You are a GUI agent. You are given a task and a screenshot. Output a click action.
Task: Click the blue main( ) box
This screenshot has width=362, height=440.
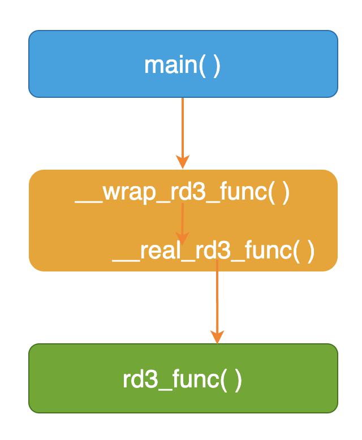click(x=183, y=64)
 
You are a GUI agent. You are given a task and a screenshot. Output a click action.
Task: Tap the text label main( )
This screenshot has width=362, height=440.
click(x=182, y=66)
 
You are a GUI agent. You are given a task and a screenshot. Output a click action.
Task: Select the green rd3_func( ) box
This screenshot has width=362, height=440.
click(x=183, y=378)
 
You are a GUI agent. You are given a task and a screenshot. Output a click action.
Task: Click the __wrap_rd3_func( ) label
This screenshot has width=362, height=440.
click(x=182, y=193)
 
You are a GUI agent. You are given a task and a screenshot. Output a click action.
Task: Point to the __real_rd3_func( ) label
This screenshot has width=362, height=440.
click(x=213, y=252)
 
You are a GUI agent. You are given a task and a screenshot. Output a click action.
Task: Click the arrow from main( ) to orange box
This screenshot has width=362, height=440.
click(x=183, y=133)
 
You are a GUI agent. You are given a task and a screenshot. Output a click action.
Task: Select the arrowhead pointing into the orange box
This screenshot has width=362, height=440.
click(x=183, y=162)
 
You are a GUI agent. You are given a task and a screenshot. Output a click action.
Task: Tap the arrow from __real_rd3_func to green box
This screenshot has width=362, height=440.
click(x=217, y=301)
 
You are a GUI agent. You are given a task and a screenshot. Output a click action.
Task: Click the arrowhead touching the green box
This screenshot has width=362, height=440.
click(x=217, y=337)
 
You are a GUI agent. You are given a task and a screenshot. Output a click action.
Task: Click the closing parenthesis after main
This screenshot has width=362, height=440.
click(x=217, y=67)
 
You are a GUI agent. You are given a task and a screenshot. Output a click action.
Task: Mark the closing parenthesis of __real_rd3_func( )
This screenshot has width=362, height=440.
click(x=311, y=252)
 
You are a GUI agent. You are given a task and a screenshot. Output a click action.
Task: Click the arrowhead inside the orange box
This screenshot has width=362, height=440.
click(x=182, y=239)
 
